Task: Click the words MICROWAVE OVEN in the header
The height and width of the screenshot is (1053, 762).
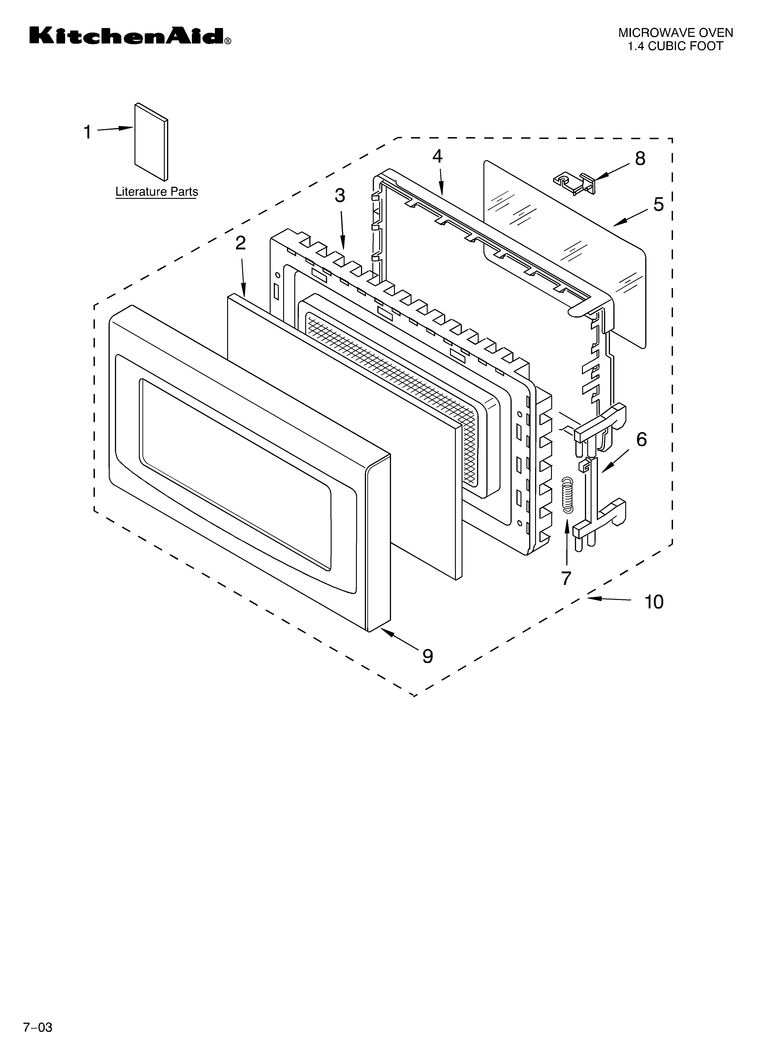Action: click(675, 33)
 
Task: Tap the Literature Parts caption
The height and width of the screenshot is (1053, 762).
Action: click(156, 192)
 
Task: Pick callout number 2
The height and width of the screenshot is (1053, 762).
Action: click(240, 243)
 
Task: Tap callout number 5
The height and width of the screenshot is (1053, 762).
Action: click(658, 205)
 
